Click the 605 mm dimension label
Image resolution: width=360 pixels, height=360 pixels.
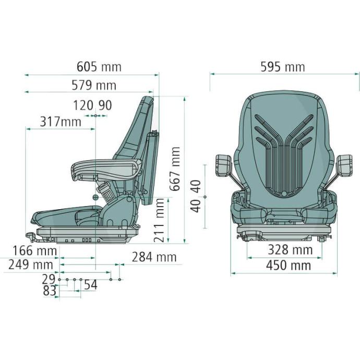(99, 67)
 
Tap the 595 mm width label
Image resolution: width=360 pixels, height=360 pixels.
(282, 67)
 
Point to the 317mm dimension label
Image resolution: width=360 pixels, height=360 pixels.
(61, 122)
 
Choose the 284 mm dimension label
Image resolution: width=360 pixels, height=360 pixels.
(154, 257)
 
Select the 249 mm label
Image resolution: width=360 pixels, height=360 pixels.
(31, 265)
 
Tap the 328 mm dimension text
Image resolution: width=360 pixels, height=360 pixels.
(290, 250)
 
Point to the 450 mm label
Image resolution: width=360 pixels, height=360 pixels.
(289, 266)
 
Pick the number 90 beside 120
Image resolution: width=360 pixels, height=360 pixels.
(105, 105)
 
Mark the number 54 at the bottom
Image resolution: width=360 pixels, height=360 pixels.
(90, 285)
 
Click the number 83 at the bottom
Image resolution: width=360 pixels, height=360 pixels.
(50, 291)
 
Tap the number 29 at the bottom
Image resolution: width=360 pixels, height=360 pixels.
(49, 279)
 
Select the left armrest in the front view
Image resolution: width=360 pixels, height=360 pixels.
(223, 164)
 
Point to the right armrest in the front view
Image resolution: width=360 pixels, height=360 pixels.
(345, 165)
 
